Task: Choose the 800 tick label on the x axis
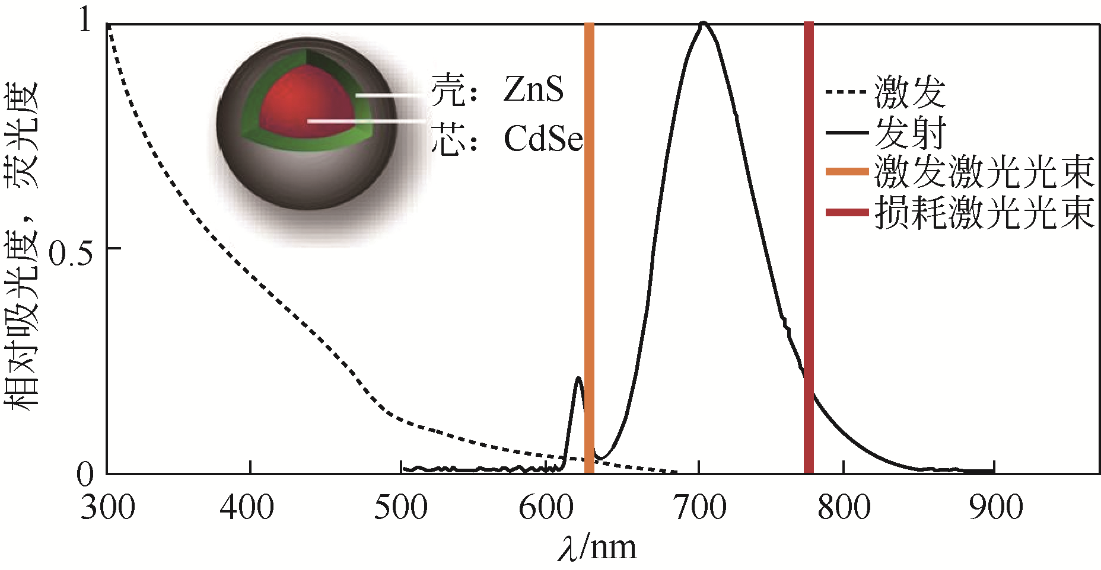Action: pyautogui.click(x=844, y=508)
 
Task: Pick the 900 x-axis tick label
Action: pyautogui.click(x=996, y=508)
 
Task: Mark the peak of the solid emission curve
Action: pyautogui.click(x=703, y=24)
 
